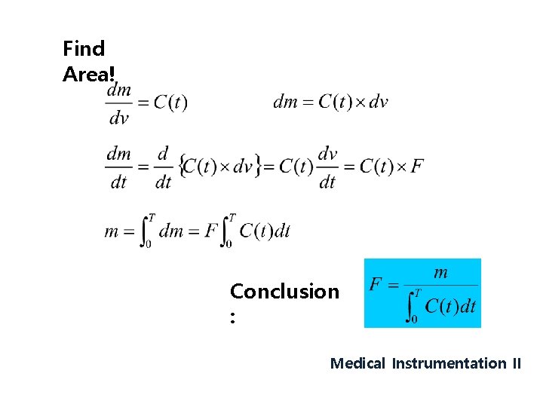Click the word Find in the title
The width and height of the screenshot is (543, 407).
tap(84, 49)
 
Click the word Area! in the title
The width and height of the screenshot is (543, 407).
tap(89, 75)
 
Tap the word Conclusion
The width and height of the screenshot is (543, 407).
tap(284, 292)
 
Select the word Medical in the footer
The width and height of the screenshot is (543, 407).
tap(357, 363)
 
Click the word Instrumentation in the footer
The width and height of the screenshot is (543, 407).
tap(449, 363)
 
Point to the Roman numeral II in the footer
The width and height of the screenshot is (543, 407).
tap(516, 363)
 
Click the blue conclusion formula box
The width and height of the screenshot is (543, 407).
tap(422, 293)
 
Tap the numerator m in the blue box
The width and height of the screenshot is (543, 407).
tap(441, 273)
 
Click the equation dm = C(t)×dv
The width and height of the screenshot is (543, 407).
tap(330, 102)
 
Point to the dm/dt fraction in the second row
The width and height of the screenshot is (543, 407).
tap(118, 167)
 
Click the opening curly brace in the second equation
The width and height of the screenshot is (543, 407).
tap(181, 166)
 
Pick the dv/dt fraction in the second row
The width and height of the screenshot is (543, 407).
tap(327, 167)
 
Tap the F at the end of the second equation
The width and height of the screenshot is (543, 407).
tap(416, 166)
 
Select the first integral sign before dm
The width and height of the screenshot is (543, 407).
tap(147, 231)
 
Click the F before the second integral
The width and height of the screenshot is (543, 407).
tap(212, 231)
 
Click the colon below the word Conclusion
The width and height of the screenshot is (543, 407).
tap(234, 319)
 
